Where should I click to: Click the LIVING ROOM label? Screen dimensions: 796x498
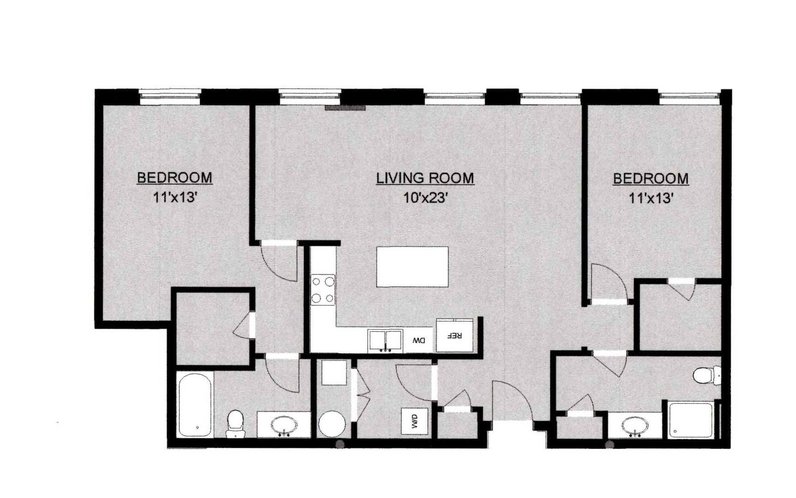pyautogui.click(x=425, y=178)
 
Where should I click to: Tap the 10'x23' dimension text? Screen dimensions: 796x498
pyautogui.click(x=425, y=198)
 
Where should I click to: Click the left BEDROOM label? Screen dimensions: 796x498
pyautogui.click(x=174, y=178)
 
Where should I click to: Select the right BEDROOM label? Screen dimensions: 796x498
pyautogui.click(x=651, y=178)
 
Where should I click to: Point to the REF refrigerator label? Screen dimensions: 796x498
pyautogui.click(x=455, y=335)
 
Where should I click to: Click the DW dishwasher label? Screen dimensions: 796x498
pyautogui.click(x=419, y=341)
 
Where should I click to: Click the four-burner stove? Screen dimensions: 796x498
pyautogui.click(x=323, y=290)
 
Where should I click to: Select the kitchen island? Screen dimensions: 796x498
pyautogui.click(x=413, y=267)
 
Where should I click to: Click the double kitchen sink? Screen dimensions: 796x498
pyautogui.click(x=385, y=341)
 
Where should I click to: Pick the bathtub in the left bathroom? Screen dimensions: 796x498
pyautogui.click(x=195, y=404)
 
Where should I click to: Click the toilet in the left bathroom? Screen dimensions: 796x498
pyautogui.click(x=235, y=423)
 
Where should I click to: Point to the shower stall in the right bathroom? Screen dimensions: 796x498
pyautogui.click(x=691, y=421)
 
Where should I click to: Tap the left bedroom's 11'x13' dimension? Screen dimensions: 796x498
pyautogui.click(x=175, y=198)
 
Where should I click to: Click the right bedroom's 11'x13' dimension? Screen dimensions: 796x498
pyautogui.click(x=651, y=198)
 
